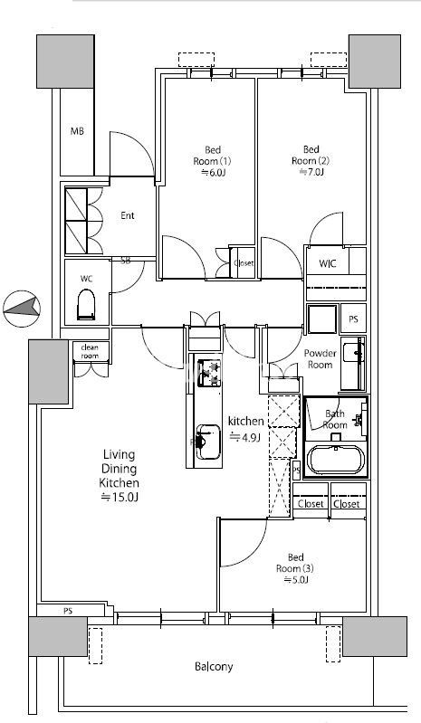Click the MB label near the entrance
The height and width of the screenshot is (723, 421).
pos(77,131)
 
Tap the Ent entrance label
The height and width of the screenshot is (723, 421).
pos(128,215)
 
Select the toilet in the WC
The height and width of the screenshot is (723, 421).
pos(87,304)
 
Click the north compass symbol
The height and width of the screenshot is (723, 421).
pos(22,309)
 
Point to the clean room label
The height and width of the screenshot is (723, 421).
pos(90,351)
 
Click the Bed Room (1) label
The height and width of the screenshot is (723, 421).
pos(213,156)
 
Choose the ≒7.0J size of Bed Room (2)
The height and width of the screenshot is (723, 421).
pos(311,173)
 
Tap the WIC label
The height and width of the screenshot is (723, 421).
pos(328,263)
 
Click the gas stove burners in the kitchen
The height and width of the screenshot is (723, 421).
pos(209,373)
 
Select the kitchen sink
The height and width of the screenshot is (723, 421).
pos(208,442)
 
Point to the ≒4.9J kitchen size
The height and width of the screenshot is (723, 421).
pos(245,437)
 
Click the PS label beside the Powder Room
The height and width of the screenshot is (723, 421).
pos(353,319)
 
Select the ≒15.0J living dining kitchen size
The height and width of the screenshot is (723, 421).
pos(119,498)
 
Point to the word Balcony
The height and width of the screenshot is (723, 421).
pos(214,666)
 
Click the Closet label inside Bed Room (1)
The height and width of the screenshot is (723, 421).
pos(244,263)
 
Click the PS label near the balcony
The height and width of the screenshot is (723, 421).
pos(68,612)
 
